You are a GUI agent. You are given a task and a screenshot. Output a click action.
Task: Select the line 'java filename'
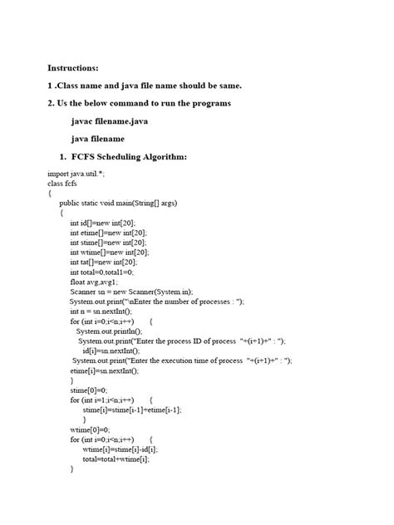(97, 139)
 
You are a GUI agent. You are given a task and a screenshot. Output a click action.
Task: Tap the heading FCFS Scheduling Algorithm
(134, 157)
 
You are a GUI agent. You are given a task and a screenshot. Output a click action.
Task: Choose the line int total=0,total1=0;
(101, 272)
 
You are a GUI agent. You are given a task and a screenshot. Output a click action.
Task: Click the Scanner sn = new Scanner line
(131, 292)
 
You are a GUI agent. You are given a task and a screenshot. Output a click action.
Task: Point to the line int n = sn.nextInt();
(101, 312)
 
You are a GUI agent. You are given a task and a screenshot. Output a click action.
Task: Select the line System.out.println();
(110, 331)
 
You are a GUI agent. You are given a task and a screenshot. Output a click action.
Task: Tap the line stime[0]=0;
(88, 390)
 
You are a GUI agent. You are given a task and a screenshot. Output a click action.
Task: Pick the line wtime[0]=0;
(89, 429)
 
